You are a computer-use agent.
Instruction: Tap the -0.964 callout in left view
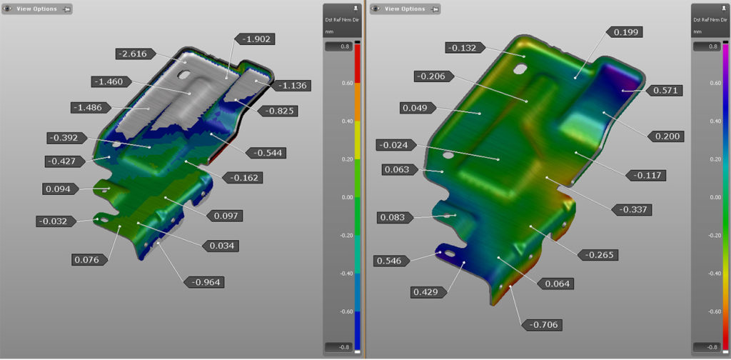coord(203,282)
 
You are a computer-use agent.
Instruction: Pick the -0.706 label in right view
coord(543,325)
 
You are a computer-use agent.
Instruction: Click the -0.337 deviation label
coord(630,209)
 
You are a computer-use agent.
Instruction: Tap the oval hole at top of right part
coord(519,69)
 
